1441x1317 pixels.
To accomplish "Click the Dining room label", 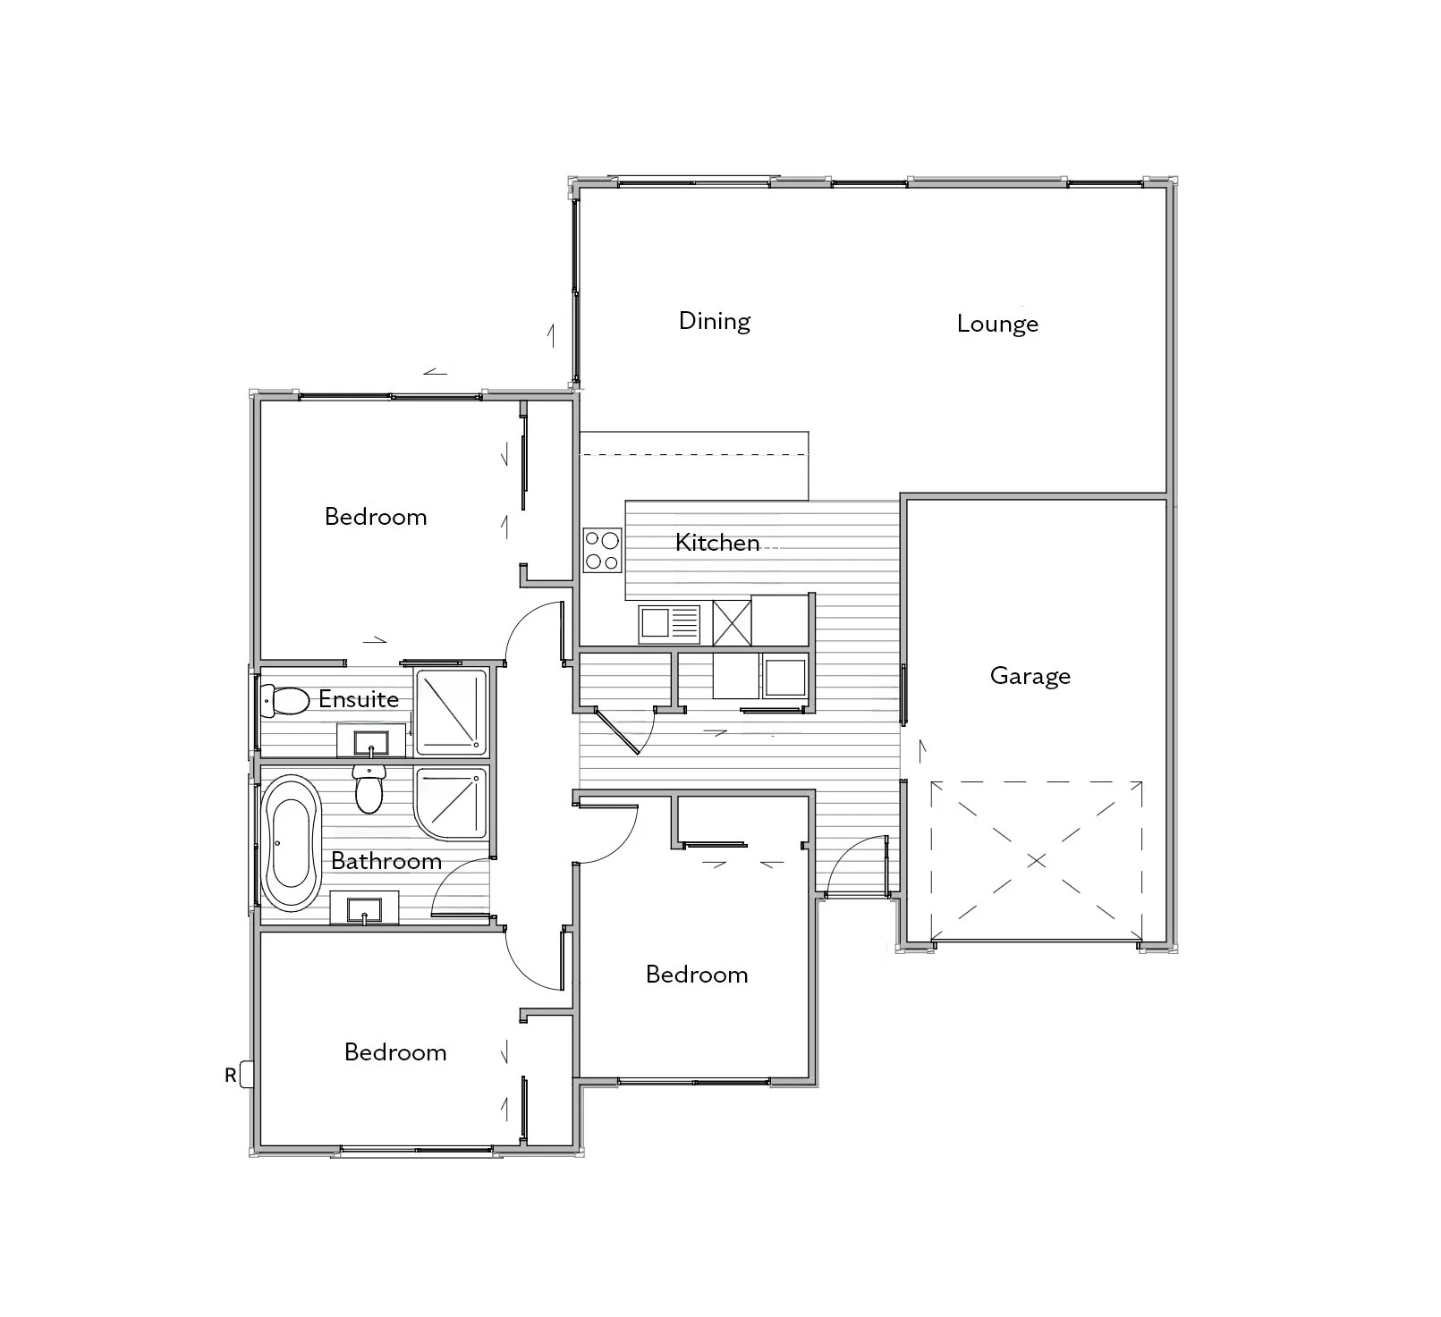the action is point(714,321).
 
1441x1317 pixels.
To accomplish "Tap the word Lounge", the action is point(997,324).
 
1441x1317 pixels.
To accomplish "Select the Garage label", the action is point(1030,676).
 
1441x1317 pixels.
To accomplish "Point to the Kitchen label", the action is point(717,543).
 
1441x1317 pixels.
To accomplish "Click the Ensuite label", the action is point(359,699).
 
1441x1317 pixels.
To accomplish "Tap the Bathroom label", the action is point(386,861).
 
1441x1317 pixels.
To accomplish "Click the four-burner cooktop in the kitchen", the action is point(602,551).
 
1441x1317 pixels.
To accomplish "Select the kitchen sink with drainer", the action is point(670,622).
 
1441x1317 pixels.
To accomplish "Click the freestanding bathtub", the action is point(289,843).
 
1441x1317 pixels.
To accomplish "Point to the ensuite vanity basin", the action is point(370,742).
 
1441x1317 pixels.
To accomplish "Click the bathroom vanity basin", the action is point(365,908).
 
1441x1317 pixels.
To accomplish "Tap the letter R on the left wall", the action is point(230,1076).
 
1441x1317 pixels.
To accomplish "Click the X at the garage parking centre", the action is point(1036,861).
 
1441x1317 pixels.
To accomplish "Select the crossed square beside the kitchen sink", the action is point(732,622).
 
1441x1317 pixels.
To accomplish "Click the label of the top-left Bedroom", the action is point(376,517).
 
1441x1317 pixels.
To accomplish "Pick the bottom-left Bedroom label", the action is point(395,1052).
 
